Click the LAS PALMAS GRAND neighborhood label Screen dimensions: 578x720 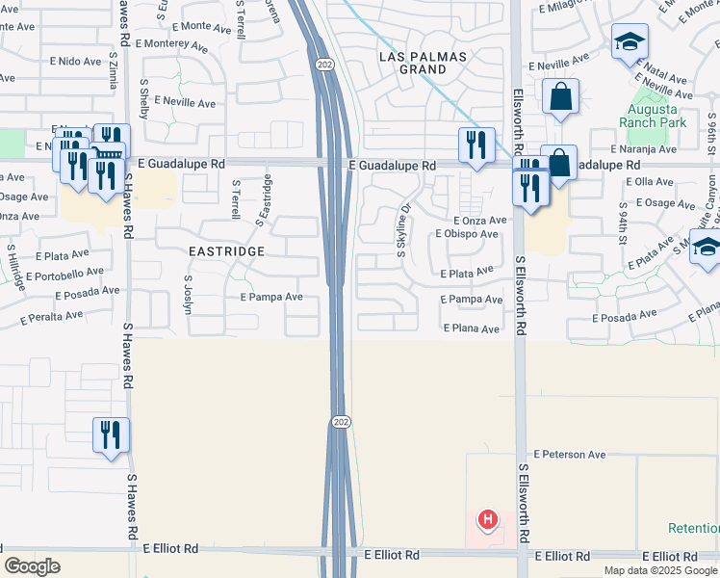[x=423, y=63]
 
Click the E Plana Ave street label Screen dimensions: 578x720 [x=471, y=328]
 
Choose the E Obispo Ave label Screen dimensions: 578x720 [x=467, y=234]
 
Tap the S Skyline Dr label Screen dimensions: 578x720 [x=403, y=229]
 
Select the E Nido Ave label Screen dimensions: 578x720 [x=79, y=62]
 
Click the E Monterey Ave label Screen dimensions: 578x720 [x=172, y=44]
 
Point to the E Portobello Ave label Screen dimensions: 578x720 [x=82, y=273]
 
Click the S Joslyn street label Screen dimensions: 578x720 [x=189, y=290]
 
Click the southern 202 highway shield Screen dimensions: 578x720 [x=342, y=422]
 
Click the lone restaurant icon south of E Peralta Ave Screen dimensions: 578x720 [x=111, y=433]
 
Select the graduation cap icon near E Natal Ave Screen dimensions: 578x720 [x=630, y=41]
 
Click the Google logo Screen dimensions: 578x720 [x=32, y=566]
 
